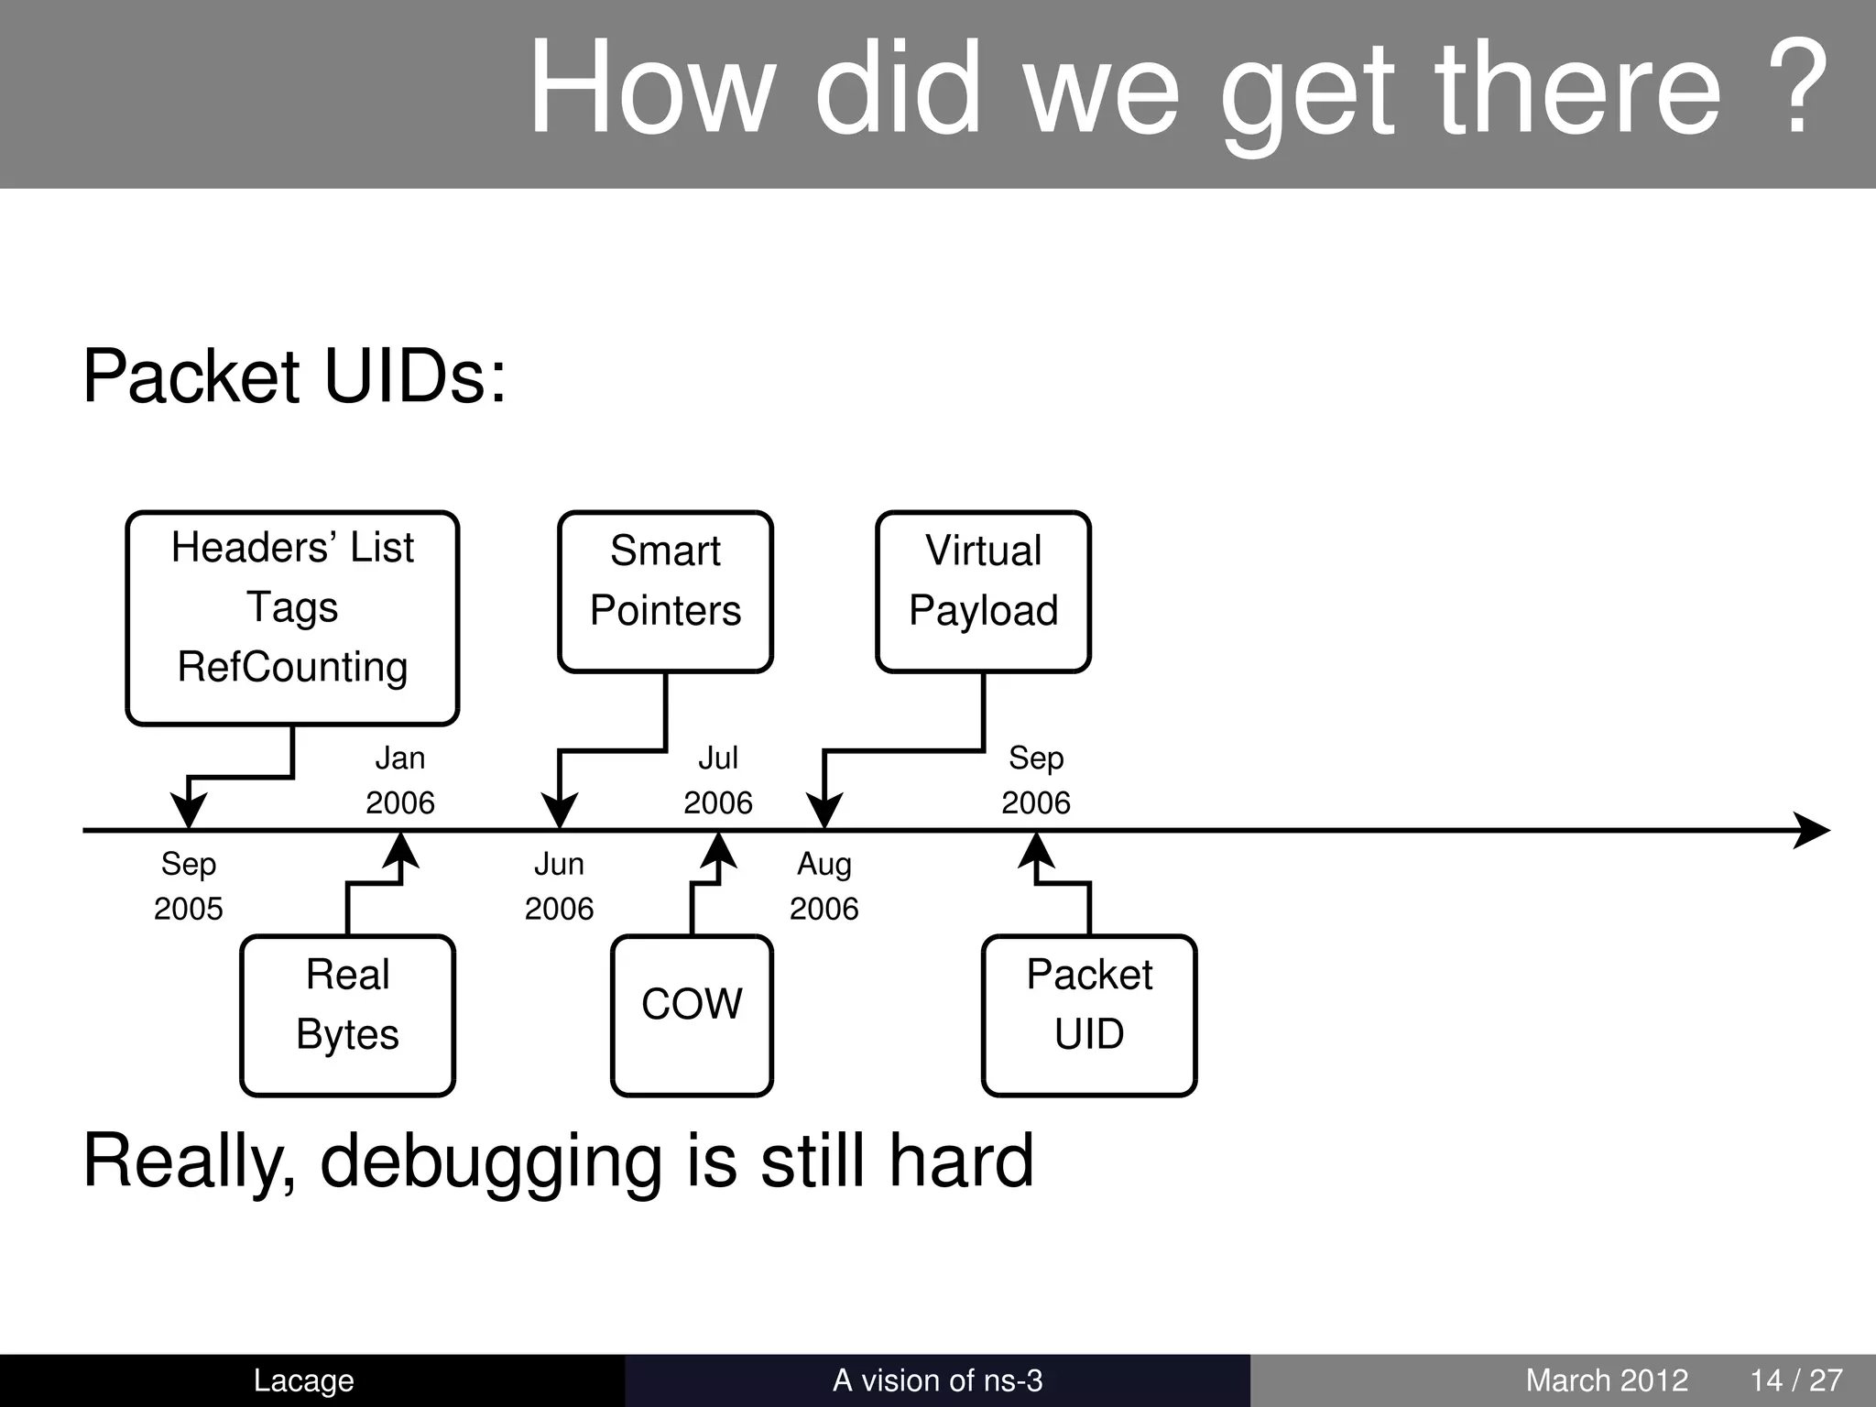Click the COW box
pyautogui.click(x=692, y=1015)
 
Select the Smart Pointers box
pyautogui.click(x=665, y=592)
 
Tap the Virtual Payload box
pyautogui.click(x=983, y=592)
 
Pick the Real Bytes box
pyautogui.click(x=347, y=1015)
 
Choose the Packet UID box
pyautogui.click(x=1088, y=1015)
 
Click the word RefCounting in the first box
pyautogui.click(x=292, y=667)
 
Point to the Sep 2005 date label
pyautogui.click(x=188, y=886)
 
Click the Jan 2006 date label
pyautogui.click(x=400, y=780)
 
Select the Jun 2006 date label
pyautogui.click(x=559, y=886)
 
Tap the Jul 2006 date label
pyautogui.click(x=717, y=780)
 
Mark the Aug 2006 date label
pyautogui.click(x=823, y=886)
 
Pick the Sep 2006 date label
pyautogui.click(x=1035, y=780)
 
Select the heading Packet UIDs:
pyautogui.click(x=294, y=376)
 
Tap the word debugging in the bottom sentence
pyautogui.click(x=489, y=1162)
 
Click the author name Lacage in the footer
pyautogui.click(x=303, y=1380)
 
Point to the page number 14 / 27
pyautogui.click(x=1795, y=1380)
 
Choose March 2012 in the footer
pyautogui.click(x=1606, y=1380)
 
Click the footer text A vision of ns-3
pyautogui.click(x=937, y=1380)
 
